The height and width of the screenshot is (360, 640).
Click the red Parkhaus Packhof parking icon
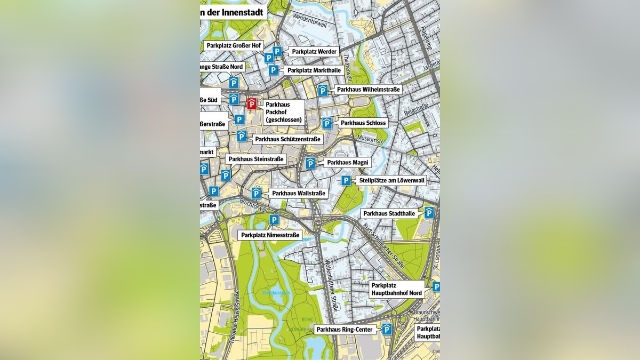point(251,103)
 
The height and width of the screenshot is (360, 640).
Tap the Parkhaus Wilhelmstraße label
point(368,90)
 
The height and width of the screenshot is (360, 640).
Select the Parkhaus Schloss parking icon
point(327,123)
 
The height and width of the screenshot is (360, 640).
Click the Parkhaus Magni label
point(347,163)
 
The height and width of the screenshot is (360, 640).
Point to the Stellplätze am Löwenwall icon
point(346,181)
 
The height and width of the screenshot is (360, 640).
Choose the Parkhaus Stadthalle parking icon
point(429,213)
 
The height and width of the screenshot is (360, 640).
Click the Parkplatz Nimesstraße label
point(269,235)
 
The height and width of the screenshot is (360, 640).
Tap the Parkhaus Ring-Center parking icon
point(387,330)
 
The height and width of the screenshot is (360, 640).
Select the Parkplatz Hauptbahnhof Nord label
point(396,289)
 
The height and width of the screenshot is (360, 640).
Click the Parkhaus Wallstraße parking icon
point(257,193)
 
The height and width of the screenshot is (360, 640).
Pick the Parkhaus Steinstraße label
point(255,159)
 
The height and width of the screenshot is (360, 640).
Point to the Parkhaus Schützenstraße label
point(287,139)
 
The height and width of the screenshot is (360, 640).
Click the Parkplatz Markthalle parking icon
point(273,70)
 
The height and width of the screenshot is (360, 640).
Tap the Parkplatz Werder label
point(314,52)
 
